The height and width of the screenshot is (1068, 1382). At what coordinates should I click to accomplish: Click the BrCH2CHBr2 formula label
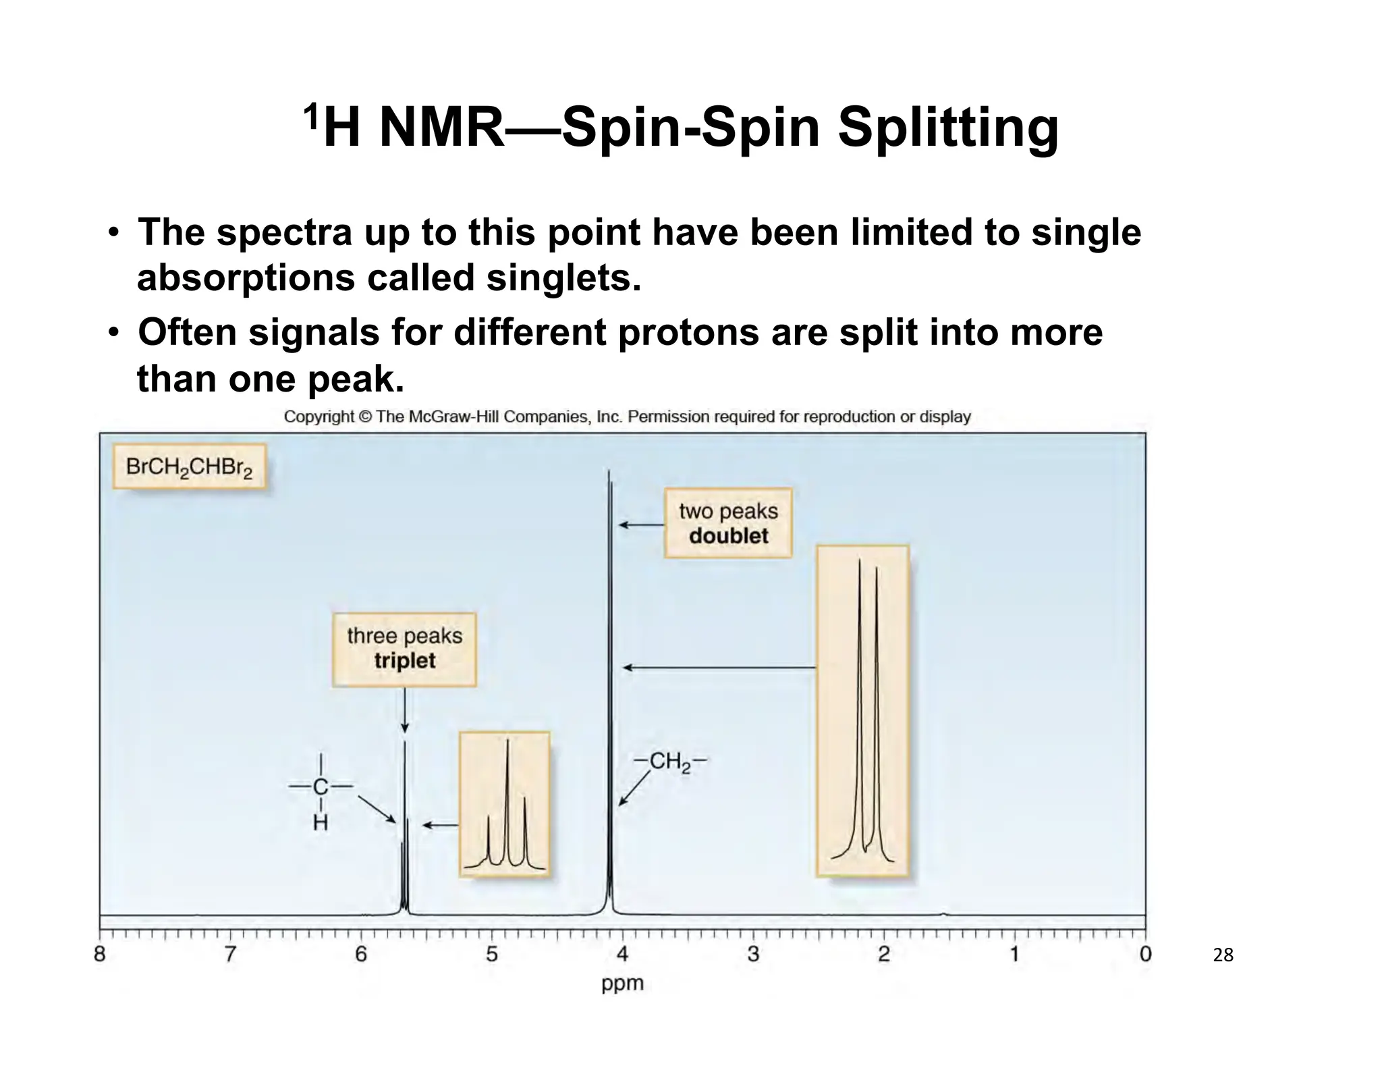coord(189,467)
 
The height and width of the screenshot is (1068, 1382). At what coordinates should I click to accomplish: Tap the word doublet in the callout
coord(728,536)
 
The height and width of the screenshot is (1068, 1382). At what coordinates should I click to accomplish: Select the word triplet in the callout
coord(404,660)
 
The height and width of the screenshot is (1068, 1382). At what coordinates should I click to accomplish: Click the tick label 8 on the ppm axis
coord(100,955)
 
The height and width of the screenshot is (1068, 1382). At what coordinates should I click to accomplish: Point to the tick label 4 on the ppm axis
coord(622,955)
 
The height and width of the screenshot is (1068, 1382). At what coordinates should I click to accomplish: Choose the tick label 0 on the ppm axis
coord(1145,955)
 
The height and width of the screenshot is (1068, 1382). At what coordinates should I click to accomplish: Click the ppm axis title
coord(622,983)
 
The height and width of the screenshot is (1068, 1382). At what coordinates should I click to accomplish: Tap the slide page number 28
coord(1223,955)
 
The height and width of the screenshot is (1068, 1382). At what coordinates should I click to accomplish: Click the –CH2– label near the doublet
coord(671,762)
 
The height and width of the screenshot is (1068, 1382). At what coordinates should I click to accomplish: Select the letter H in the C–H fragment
coord(321,823)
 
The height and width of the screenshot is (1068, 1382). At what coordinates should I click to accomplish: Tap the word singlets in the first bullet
coord(563,277)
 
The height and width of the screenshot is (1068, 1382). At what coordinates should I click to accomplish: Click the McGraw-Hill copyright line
coord(627,417)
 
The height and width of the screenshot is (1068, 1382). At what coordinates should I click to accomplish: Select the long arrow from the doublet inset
coord(719,668)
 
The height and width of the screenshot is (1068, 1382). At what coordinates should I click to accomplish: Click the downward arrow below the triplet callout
coord(404,710)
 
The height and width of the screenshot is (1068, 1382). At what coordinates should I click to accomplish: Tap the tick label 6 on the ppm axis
coord(361,955)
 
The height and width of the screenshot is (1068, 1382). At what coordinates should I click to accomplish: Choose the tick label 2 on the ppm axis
coord(884,955)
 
